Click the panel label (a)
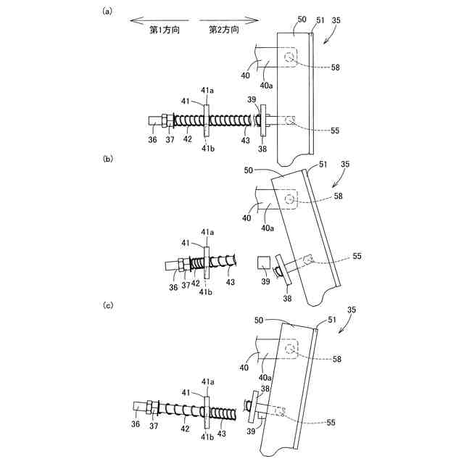[x=108, y=11]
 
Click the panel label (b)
[x=108, y=158]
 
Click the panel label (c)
[x=108, y=305]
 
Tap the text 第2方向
[x=223, y=30]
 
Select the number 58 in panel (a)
[x=336, y=67]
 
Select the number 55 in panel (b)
[x=356, y=257]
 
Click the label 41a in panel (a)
[x=207, y=91]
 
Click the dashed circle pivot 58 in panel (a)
[x=290, y=57]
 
